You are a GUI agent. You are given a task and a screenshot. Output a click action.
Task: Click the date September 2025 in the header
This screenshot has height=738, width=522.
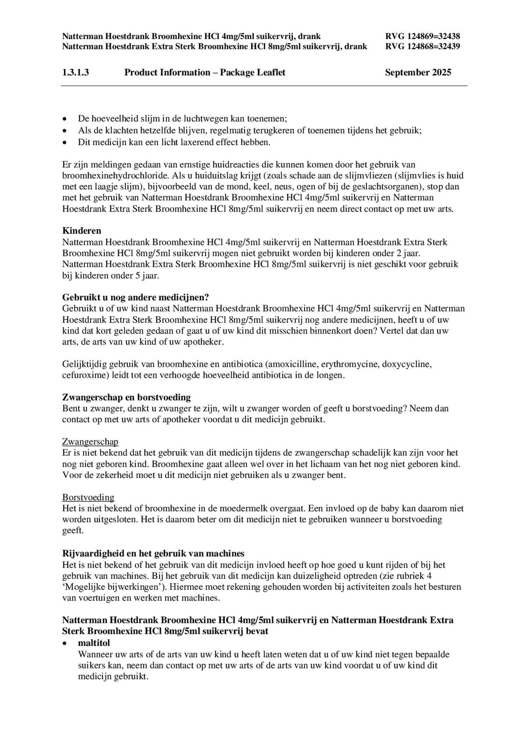pos(418,72)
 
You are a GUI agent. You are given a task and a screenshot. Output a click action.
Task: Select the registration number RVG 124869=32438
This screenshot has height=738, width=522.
pos(422,36)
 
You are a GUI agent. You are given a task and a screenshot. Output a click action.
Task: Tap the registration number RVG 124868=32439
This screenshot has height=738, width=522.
pos(422,46)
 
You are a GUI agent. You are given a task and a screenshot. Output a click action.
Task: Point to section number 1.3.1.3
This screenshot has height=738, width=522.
pos(75,72)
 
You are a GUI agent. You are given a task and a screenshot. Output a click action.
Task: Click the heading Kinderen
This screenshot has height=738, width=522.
pos(82,231)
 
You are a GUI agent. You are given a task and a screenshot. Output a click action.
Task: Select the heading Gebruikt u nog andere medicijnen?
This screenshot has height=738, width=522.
pos(136,297)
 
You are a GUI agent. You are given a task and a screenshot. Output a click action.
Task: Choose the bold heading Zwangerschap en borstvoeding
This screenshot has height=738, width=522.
pos(126,397)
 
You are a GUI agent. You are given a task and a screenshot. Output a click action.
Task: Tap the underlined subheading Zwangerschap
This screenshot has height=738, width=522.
pos(90,442)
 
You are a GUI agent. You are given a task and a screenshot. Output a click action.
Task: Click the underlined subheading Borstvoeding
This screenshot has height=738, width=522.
pos(88,497)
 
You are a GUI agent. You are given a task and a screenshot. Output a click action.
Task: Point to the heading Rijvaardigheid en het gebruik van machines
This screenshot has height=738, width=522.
pos(153,553)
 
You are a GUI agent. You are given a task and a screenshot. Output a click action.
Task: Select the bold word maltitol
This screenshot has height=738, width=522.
pos(94,643)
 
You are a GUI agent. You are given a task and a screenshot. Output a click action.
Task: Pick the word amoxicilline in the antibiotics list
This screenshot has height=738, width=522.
pos(292,364)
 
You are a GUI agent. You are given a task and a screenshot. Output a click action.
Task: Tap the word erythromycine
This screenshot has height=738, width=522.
pos(349,364)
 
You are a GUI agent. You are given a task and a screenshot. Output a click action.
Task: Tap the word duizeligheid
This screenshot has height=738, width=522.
pos(357,575)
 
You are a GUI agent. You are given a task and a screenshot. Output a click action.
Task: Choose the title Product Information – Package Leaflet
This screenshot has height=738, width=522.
pos(205,72)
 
